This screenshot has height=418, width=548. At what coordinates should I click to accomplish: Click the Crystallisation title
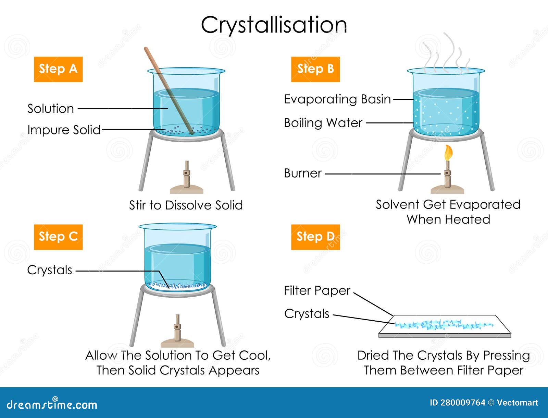click(274, 25)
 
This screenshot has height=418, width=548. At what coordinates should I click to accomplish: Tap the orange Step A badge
click(58, 69)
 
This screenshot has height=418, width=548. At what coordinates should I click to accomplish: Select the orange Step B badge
click(315, 69)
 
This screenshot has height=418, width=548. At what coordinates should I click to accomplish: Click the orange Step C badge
click(58, 237)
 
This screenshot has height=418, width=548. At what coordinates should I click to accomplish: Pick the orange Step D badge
click(315, 237)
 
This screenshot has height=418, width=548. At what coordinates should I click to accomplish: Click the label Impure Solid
click(64, 130)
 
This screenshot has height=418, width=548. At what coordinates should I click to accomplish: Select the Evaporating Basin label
click(337, 99)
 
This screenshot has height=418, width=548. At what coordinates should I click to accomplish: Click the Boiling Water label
click(323, 123)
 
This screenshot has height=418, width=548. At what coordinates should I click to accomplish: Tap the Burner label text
click(303, 174)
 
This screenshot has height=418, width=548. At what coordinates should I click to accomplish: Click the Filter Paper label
click(317, 291)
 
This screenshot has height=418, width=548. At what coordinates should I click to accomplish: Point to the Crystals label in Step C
click(50, 270)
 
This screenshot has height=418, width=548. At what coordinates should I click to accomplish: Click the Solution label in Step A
click(51, 109)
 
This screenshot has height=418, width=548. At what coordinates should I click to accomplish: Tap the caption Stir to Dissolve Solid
click(186, 205)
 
